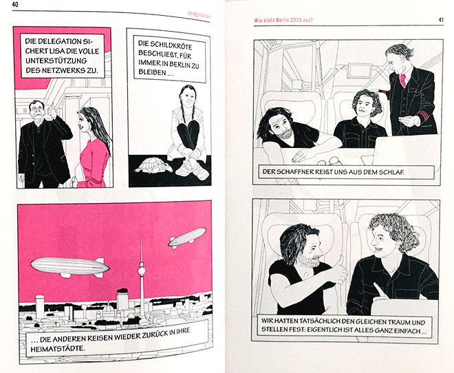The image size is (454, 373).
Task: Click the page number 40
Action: coord(14,5)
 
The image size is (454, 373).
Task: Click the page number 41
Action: coord(441,20)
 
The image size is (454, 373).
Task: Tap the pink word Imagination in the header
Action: coord(199,14)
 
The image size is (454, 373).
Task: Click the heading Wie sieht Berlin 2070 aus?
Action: coord(283,20)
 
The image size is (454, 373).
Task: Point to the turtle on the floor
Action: coord(151,167)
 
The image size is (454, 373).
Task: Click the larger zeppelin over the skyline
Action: coord(70,267)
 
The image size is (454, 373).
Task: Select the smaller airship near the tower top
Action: coord(187,237)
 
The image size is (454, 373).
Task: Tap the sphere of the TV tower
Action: coord(142,271)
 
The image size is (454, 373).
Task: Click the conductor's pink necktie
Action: coord(403,81)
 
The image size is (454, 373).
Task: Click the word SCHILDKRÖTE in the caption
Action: coord(165,45)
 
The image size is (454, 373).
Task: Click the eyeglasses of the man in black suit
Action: coord(36,109)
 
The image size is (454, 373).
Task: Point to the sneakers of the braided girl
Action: coord(193,169)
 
